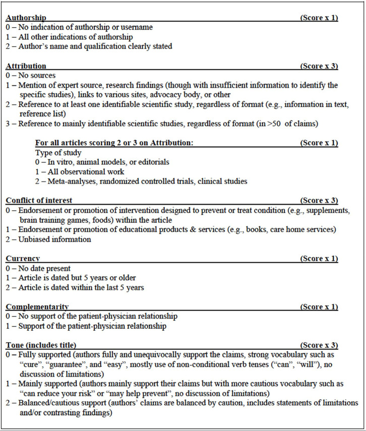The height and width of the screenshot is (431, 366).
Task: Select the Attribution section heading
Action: click(x=26, y=66)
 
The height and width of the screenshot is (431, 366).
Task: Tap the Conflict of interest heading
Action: click(x=39, y=201)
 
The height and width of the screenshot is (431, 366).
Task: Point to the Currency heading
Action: click(x=23, y=259)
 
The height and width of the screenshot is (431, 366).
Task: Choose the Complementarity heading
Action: click(x=37, y=307)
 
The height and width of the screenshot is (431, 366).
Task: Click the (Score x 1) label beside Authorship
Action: click(x=319, y=18)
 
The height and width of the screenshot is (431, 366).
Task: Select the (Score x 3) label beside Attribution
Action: click(x=319, y=66)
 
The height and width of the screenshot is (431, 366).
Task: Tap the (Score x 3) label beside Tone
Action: click(x=319, y=346)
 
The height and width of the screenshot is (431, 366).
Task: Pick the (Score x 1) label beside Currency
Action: click(x=319, y=259)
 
